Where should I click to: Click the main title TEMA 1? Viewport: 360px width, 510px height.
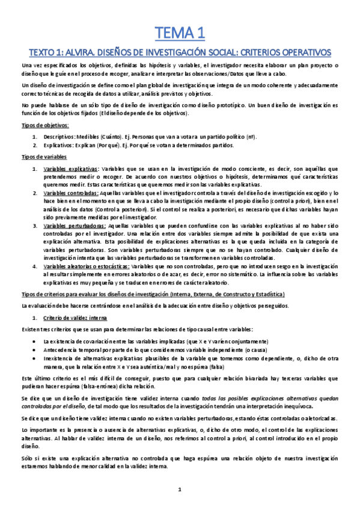coord(180,32)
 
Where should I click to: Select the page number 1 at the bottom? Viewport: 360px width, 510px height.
coord(180,490)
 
